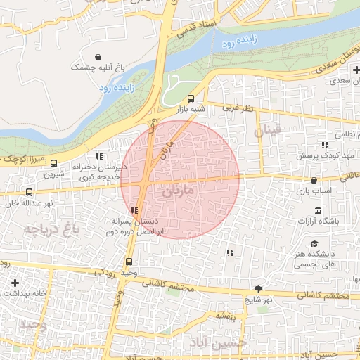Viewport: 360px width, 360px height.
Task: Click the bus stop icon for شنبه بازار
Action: pyautogui.click(x=191, y=98)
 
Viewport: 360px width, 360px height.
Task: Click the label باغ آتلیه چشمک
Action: pyautogui.click(x=98, y=67)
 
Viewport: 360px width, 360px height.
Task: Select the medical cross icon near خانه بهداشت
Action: pyautogui.click(x=15, y=282)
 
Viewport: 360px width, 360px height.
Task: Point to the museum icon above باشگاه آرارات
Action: pyautogui.click(x=318, y=210)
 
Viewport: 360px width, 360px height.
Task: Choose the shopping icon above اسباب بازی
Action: pyautogui.click(x=313, y=180)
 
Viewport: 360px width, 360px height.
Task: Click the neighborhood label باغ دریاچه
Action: pyautogui.click(x=48, y=229)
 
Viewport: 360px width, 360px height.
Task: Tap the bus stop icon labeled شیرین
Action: pyautogui.click(x=54, y=163)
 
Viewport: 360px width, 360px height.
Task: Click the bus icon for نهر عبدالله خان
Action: pyautogui.click(x=29, y=191)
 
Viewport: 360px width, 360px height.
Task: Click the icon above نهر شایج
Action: pyautogui.click(x=258, y=288)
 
